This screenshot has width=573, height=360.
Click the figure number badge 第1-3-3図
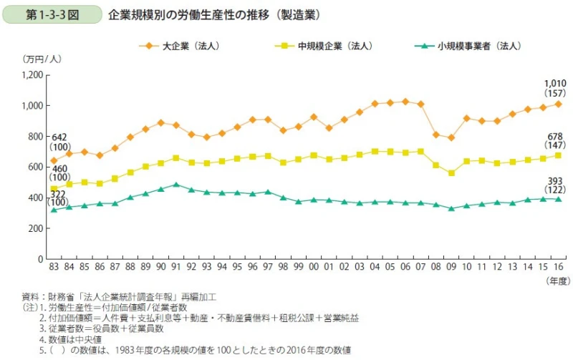[52, 14]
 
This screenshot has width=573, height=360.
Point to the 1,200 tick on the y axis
[33, 75]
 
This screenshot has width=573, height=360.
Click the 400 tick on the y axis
[37, 198]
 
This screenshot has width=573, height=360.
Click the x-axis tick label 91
[175, 267]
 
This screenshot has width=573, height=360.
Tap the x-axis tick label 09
[451, 267]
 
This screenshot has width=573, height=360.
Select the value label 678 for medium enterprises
[554, 137]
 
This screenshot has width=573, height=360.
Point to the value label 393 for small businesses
[555, 181]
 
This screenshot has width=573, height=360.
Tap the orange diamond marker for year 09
[451, 137]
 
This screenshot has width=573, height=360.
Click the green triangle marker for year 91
[175, 184]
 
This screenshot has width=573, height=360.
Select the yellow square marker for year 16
[559, 155]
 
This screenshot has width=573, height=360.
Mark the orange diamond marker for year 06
[405, 102]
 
